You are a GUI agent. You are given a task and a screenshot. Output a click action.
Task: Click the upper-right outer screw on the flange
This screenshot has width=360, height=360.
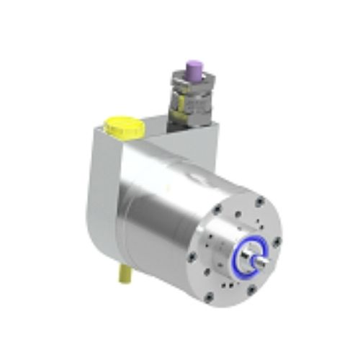[x=258, y=202]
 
